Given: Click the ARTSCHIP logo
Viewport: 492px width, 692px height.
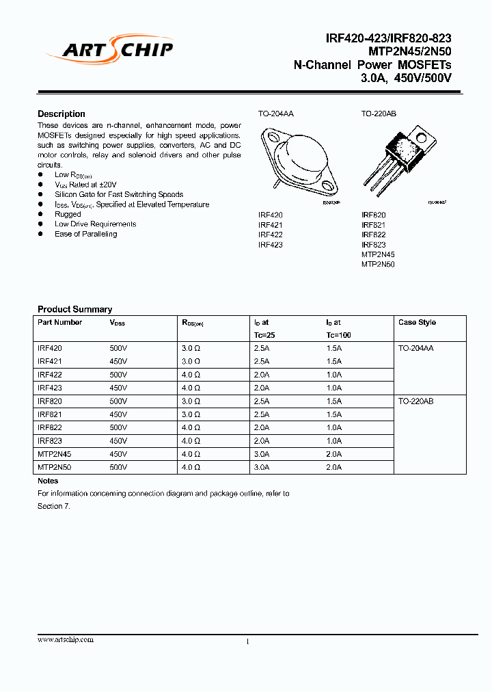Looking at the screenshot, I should pos(109,49).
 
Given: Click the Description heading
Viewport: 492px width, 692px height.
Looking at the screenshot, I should pos(61,114).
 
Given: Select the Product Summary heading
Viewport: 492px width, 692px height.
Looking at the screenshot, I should pos(74,309).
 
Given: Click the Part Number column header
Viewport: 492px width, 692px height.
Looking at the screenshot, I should pos(59,322).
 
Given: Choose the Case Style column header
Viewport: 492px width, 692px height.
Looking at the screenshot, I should pos(417,322).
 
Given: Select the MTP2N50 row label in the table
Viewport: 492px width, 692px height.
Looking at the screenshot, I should pos(53,467).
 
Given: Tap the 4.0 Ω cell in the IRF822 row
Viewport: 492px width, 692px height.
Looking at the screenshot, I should pos(191,427).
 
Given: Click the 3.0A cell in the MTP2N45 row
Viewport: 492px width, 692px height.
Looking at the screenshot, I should pos(262,454).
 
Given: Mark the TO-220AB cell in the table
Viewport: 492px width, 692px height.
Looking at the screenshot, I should pos(416,401).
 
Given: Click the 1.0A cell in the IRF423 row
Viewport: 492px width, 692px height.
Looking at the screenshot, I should pos(333,388).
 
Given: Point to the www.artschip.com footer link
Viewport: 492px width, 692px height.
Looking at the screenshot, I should pos(66,639).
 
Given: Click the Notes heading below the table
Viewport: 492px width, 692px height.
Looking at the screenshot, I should pos(48,481).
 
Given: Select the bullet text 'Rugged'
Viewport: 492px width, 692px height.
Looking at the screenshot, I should pos(68,214).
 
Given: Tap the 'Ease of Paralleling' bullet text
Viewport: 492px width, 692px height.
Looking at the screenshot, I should pos(85,234).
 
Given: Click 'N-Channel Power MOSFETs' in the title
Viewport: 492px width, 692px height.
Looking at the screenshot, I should pos(372,65).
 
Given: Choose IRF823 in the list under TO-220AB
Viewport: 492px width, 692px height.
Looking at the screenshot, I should pos(373,244).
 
